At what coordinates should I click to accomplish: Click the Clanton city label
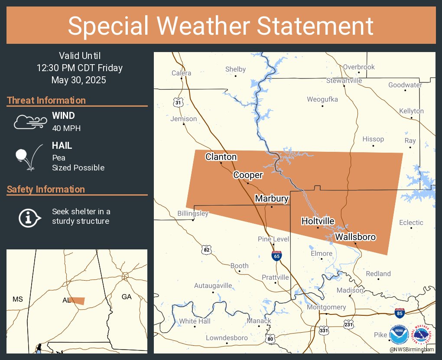tap(221, 157)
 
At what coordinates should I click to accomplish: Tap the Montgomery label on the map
tap(326, 307)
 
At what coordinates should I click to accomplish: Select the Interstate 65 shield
tap(276, 255)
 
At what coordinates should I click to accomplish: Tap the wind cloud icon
tap(29, 122)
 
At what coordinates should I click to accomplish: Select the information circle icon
tap(29, 217)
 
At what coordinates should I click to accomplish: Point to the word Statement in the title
tap(315, 26)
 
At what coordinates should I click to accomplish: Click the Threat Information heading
tap(46, 100)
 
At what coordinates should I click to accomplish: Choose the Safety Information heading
tap(46, 189)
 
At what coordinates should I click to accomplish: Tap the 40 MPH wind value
tap(66, 128)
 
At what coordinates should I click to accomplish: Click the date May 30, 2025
tap(79, 80)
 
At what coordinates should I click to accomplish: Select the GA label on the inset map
tap(127, 297)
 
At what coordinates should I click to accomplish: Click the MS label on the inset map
tap(17, 299)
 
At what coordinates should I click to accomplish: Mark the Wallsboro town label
tap(355, 237)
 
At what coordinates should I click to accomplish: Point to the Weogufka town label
tap(322, 99)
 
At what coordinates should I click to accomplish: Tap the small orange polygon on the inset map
tap(78, 301)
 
